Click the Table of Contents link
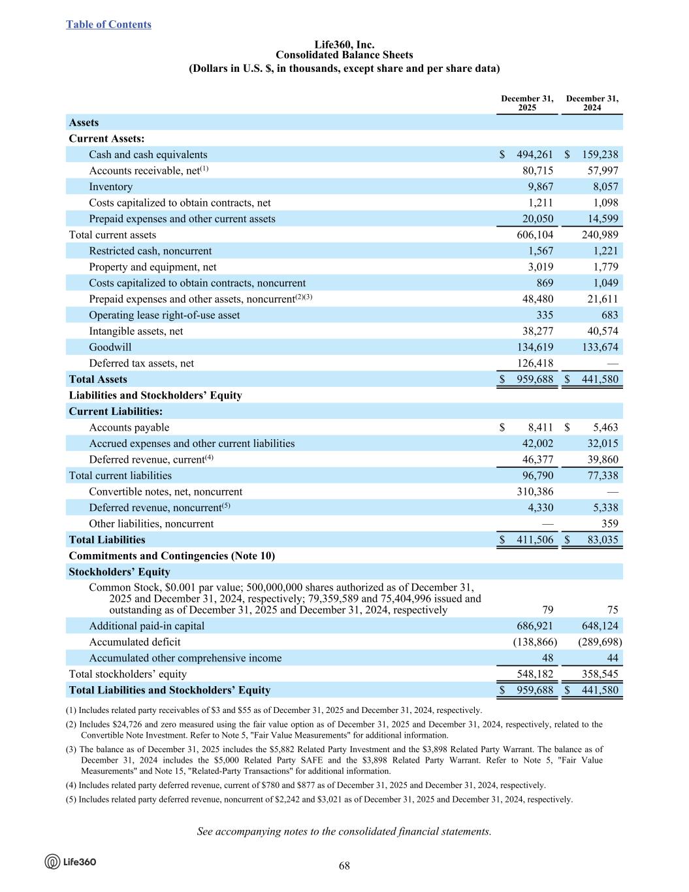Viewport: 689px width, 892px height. pos(108,25)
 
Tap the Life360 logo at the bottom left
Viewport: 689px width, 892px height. pos(71,862)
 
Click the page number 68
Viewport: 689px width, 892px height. pos(344,866)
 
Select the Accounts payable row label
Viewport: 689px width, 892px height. pos(129,427)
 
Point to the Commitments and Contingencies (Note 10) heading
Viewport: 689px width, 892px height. pos(172,555)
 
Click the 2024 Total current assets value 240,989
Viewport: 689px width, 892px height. pos(600,235)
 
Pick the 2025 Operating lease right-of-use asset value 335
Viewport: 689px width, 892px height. pos(545,315)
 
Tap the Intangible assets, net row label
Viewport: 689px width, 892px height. pos(136,331)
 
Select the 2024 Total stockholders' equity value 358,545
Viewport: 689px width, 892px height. pos(600,674)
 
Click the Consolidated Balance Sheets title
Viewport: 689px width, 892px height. pos(344,55)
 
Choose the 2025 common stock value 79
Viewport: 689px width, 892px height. pos(547,610)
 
